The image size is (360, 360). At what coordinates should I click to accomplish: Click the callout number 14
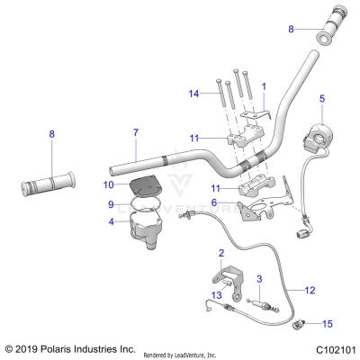pyautogui.click(x=193, y=94)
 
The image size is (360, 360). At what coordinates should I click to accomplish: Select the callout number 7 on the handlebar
pyautogui.click(x=135, y=133)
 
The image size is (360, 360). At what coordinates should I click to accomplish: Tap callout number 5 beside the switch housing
pyautogui.click(x=323, y=97)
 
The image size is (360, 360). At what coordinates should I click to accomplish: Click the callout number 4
pyautogui.click(x=111, y=221)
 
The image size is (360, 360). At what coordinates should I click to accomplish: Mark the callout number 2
pyautogui.click(x=221, y=255)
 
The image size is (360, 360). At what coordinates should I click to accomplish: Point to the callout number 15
pyautogui.click(x=328, y=323)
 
